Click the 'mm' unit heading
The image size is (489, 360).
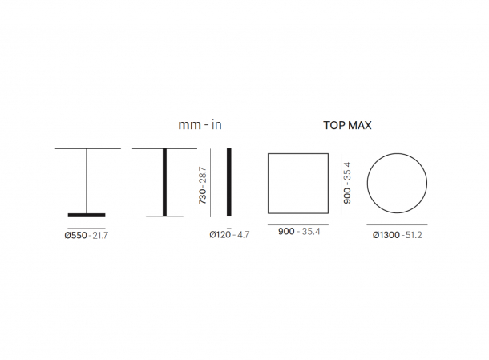coord(190,125)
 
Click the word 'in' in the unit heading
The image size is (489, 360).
coord(216,125)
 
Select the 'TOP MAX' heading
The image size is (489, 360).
coord(347,125)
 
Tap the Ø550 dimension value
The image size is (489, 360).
coord(76,235)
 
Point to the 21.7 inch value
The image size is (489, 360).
coord(100,236)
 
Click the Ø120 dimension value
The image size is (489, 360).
coord(220,234)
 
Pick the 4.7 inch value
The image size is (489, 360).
coord(243,235)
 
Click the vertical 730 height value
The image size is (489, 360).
coord(202,196)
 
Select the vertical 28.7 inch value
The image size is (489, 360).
coord(202,175)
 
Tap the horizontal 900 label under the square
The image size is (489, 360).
coord(286,232)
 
